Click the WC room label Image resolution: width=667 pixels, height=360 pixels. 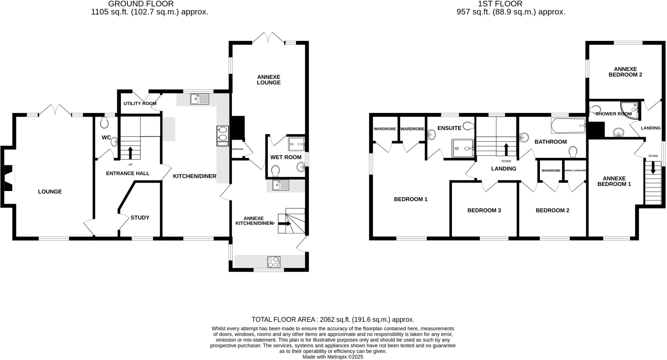click(x=106, y=137)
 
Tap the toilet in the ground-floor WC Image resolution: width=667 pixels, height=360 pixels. click(x=105, y=122)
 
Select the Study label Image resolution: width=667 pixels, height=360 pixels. click(x=140, y=218)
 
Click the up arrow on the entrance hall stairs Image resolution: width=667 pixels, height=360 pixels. click(x=130, y=153)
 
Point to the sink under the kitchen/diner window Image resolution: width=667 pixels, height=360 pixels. click(x=200, y=99)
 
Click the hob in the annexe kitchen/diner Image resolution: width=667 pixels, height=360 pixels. click(x=274, y=262)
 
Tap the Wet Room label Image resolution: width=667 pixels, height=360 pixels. click(x=286, y=157)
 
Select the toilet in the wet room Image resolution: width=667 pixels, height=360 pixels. click(x=275, y=171)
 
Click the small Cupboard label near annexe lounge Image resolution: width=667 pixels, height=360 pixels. click(x=237, y=149)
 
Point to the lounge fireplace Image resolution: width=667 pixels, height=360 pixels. click(x=8, y=178)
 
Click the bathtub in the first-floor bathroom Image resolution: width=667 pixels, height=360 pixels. click(x=568, y=125)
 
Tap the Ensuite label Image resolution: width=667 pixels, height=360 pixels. click(x=449, y=128)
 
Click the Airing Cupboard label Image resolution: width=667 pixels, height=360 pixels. click(x=575, y=170)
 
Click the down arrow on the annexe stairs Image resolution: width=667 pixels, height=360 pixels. click(x=653, y=168)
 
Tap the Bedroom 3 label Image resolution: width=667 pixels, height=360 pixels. click(x=484, y=210)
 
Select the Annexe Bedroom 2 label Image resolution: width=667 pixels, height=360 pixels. click(x=625, y=72)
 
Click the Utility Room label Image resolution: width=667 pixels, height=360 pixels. click(x=140, y=104)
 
